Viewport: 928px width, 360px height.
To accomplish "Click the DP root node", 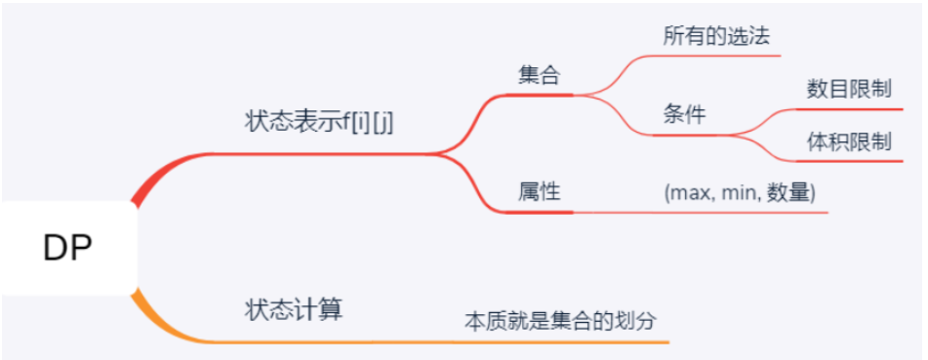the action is pos(67,249).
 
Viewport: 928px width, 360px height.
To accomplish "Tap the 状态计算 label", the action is pos(293,309).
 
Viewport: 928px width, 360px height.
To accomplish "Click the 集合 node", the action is pos(539,76).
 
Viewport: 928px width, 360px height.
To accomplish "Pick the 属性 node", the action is pos(539,192).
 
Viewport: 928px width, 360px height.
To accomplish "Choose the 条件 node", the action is pos(683,115).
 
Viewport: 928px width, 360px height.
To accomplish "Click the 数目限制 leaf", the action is pos(849,89).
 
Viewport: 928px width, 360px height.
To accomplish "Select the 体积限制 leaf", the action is pos(849,141).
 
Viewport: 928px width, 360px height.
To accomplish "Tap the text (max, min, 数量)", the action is pos(739,192).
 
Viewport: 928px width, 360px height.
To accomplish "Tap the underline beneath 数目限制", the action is pos(849,109).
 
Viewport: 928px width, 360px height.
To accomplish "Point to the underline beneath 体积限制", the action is pos(849,161).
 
